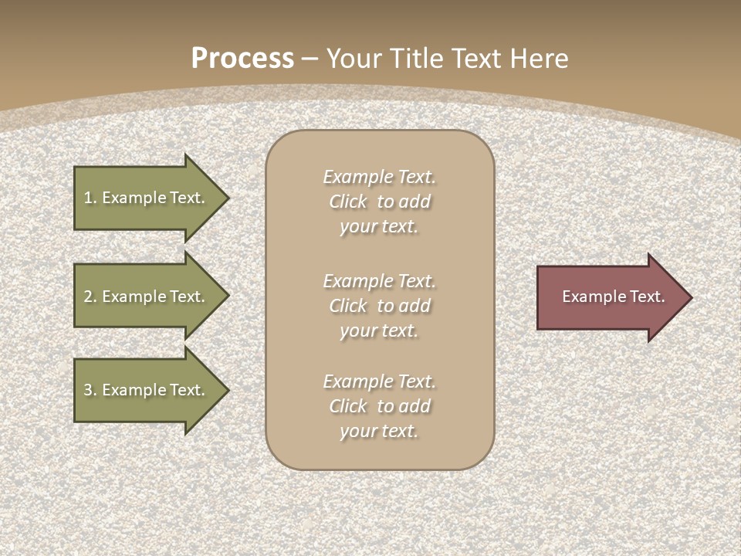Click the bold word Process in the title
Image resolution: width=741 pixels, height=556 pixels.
(242, 59)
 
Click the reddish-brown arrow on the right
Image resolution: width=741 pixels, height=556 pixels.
(610, 297)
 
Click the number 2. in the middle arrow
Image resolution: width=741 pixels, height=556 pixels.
(90, 297)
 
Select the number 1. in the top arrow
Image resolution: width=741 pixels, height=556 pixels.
(90, 198)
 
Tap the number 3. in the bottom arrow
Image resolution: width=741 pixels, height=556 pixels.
(90, 390)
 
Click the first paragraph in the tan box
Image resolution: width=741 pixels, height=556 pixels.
(379, 202)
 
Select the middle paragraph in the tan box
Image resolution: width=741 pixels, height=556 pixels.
(379, 306)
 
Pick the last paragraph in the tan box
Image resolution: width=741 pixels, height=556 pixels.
(379, 406)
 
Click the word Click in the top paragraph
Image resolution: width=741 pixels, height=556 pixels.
(348, 202)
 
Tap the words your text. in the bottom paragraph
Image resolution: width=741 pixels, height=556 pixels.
(379, 431)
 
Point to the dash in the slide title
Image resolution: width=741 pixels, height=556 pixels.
(310, 59)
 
